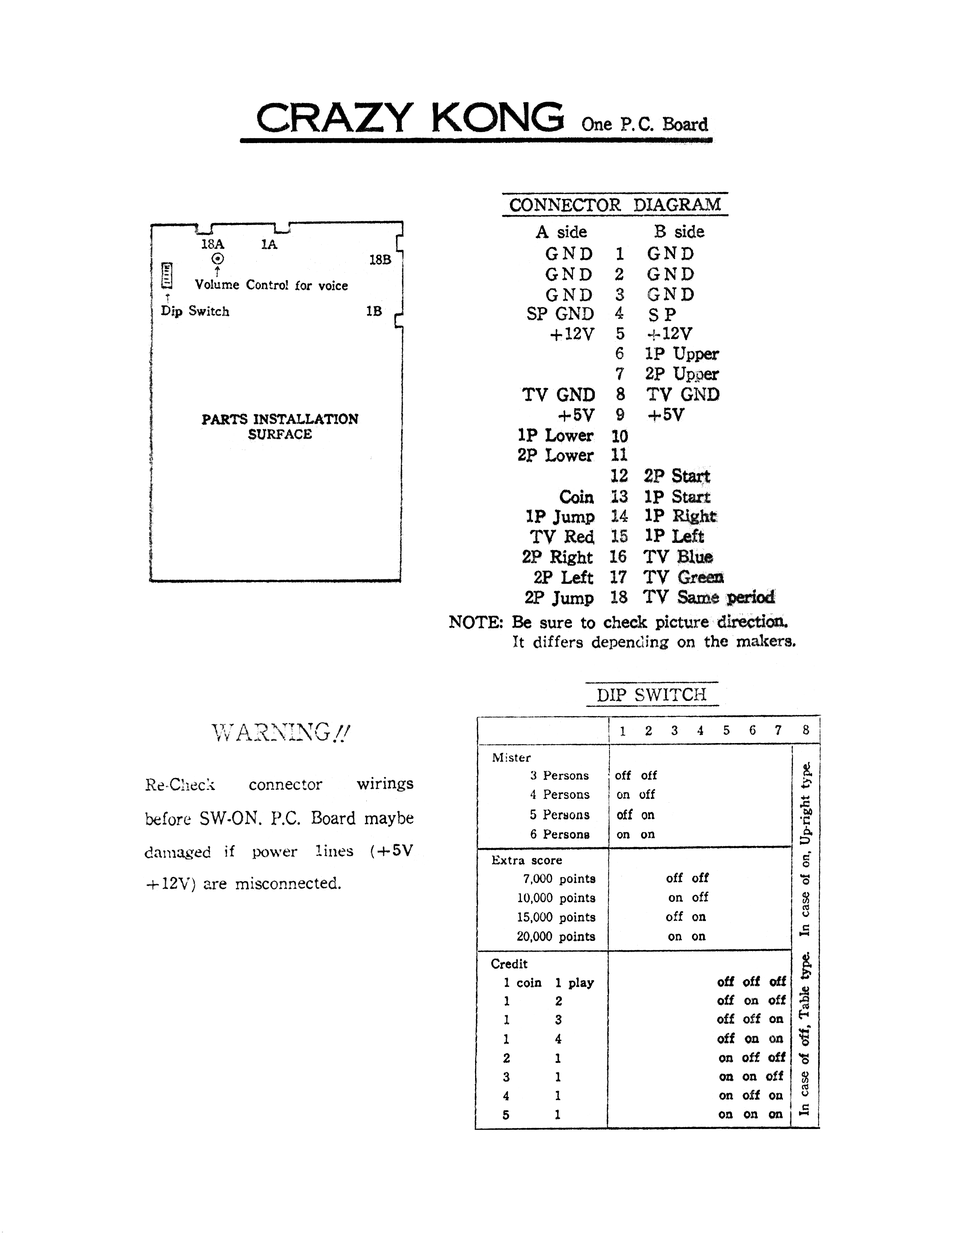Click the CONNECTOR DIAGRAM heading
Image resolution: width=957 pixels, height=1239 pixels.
(x=615, y=205)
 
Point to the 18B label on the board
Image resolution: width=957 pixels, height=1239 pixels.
(x=380, y=260)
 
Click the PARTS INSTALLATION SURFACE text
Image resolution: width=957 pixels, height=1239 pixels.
(x=280, y=426)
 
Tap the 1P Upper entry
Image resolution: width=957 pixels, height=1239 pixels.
(x=682, y=354)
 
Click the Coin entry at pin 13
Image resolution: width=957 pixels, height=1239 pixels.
(x=576, y=497)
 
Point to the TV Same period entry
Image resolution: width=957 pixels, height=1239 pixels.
(x=709, y=597)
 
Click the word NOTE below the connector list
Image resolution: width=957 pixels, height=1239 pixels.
(x=475, y=623)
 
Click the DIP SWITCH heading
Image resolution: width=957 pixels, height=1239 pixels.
(x=652, y=694)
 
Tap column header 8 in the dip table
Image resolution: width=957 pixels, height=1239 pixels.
(x=806, y=730)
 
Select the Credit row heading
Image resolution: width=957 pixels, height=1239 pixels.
(x=509, y=964)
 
